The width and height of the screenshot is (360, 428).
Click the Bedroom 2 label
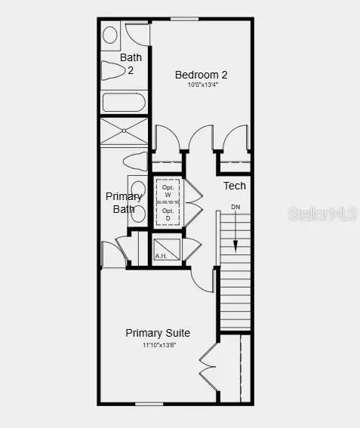[201, 75]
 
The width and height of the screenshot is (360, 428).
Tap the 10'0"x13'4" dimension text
[201, 85]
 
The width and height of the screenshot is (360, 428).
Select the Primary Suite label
[158, 333]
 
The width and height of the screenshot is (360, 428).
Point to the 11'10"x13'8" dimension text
[158, 345]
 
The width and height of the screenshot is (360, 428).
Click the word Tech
[234, 186]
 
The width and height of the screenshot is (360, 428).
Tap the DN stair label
[235, 207]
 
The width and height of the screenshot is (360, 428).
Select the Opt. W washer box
[168, 189]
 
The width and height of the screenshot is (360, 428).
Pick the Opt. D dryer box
[168, 214]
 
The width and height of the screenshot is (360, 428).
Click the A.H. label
[160, 256]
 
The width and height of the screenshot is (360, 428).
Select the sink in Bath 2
[110, 34]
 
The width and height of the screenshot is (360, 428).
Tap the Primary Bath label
[123, 202]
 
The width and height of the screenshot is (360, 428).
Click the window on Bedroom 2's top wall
[180, 19]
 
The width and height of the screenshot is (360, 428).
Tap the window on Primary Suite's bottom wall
[149, 404]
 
